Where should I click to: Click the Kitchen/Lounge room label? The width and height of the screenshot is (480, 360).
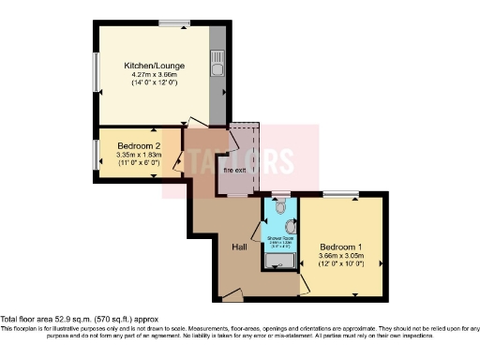[x=155, y=66]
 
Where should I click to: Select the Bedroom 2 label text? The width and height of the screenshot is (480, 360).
[x=139, y=145]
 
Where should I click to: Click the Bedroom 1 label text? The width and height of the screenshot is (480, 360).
[x=340, y=247]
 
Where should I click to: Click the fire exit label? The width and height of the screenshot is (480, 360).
[x=234, y=171]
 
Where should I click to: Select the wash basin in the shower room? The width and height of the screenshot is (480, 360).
[x=292, y=226]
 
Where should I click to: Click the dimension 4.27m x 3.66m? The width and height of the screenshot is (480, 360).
[x=155, y=75]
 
